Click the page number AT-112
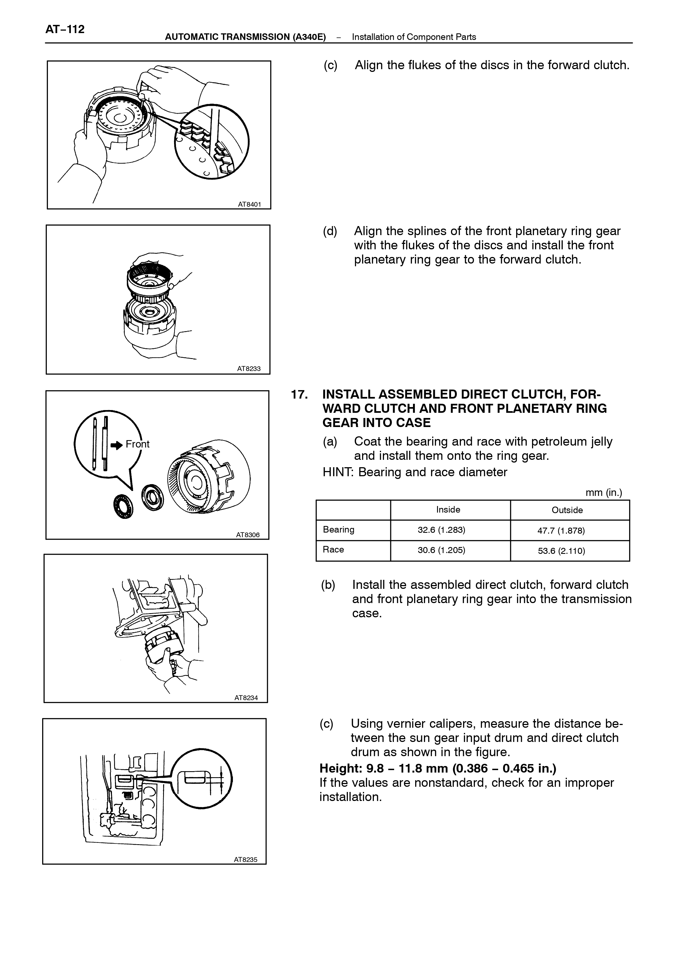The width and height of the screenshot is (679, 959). coord(65,29)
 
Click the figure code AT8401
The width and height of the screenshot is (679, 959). coord(250,204)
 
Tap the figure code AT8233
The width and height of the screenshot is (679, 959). coord(249,369)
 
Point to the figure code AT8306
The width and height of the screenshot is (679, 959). coord(248,535)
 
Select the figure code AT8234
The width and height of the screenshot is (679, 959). coord(246,698)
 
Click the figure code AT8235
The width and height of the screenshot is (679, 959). coord(245,859)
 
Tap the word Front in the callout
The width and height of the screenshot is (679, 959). coord(138,444)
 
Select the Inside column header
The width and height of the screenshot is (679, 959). coord(448,510)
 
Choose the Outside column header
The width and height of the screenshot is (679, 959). coord(567,510)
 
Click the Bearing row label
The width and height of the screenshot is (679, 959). coord(339,530)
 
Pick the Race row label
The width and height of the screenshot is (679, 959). coord(333,550)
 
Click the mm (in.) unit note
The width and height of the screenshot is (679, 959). coord(604,493)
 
